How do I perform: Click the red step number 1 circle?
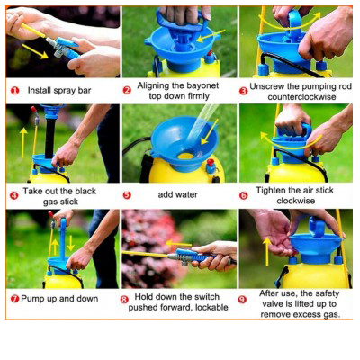click(x=14, y=91)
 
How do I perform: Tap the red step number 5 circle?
click(x=127, y=195)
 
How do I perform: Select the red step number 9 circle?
click(x=243, y=300)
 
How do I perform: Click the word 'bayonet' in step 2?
click(x=202, y=85)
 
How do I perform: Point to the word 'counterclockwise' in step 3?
click(x=301, y=97)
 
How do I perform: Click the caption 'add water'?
click(x=177, y=194)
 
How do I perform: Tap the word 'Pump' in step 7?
click(x=32, y=299)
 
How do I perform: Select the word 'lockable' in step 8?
click(x=211, y=307)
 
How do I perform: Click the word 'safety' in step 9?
click(x=328, y=293)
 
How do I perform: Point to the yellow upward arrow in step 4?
click(x=23, y=142)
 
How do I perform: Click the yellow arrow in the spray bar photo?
click(x=35, y=51)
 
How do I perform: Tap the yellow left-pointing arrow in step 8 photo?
click(x=178, y=243)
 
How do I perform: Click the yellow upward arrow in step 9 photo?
click(x=266, y=251)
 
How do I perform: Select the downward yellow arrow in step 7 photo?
click(x=71, y=243)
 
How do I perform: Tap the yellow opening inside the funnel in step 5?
click(x=185, y=156)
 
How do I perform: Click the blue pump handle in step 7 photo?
click(x=63, y=238)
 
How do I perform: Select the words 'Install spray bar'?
click(x=59, y=90)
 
